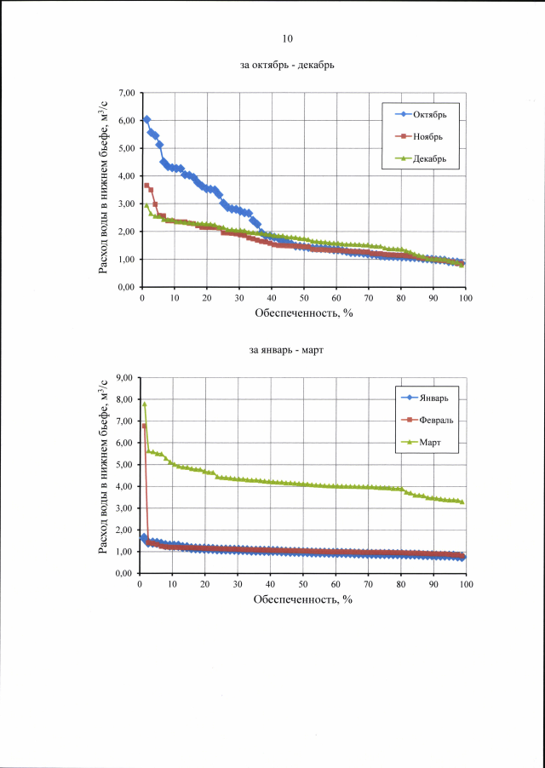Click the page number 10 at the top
pyautogui.click(x=287, y=38)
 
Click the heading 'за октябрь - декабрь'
pyautogui.click(x=287, y=65)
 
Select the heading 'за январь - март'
pyautogui.click(x=287, y=350)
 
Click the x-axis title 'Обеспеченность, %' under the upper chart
pyautogui.click(x=303, y=313)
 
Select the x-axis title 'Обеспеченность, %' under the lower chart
pyautogui.click(x=303, y=599)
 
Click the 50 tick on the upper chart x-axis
pyautogui.click(x=304, y=298)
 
